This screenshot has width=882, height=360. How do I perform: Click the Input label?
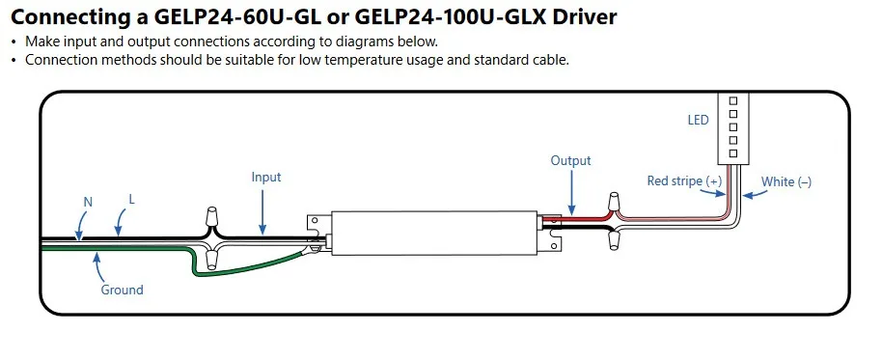pyautogui.click(x=266, y=178)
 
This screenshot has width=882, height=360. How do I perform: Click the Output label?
pyautogui.click(x=571, y=161)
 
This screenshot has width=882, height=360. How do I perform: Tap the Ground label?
pyautogui.click(x=122, y=291)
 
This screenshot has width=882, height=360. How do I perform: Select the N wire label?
pyautogui.click(x=88, y=202)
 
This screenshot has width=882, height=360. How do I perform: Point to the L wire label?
pyautogui.click(x=132, y=199)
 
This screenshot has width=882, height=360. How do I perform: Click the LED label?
pyautogui.click(x=698, y=120)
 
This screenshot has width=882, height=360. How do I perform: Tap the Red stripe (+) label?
pyautogui.click(x=684, y=181)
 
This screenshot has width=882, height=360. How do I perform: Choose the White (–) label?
pyautogui.click(x=786, y=181)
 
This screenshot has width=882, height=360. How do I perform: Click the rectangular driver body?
pyautogui.click(x=435, y=233)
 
